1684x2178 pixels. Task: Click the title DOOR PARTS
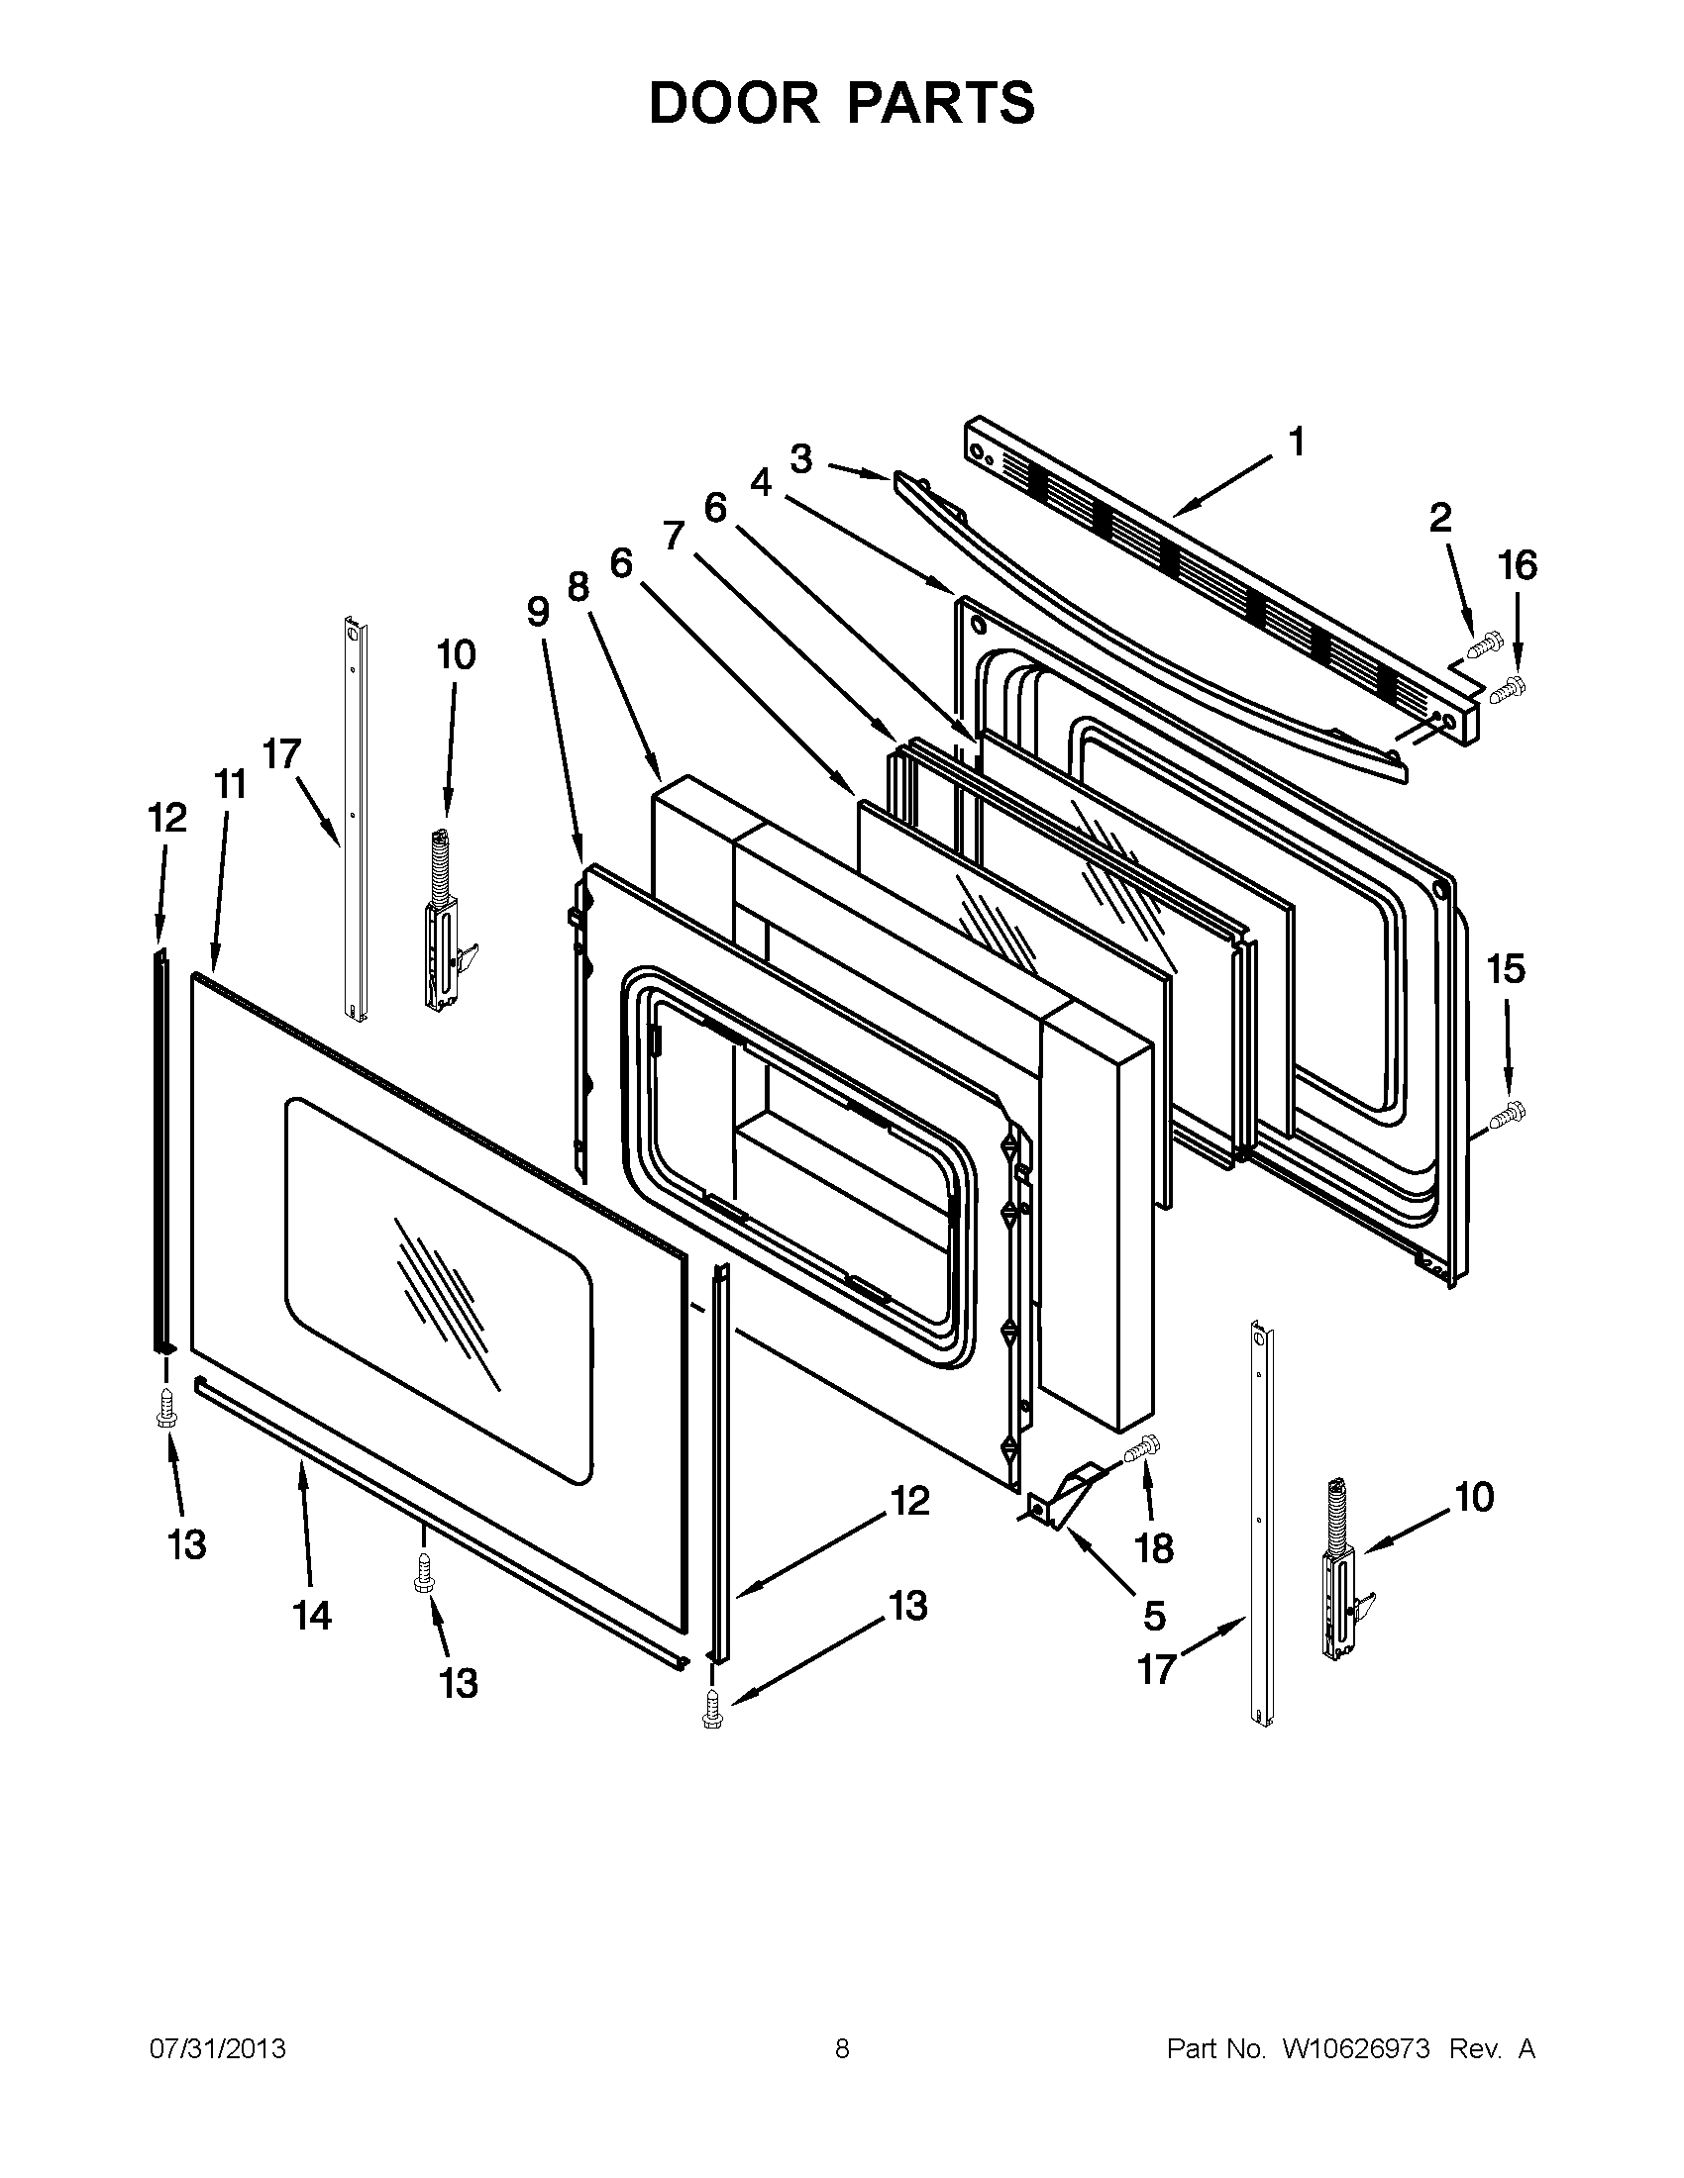coord(841,103)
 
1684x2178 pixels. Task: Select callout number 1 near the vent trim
coord(1296,441)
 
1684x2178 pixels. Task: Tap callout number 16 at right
coord(1517,566)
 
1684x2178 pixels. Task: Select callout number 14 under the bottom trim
coord(311,1615)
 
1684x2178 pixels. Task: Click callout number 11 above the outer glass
coord(231,785)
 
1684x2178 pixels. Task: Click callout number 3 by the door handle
coord(800,459)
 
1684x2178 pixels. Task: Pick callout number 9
coord(538,610)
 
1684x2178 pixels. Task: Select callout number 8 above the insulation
coord(579,587)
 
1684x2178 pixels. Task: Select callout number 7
coord(675,536)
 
